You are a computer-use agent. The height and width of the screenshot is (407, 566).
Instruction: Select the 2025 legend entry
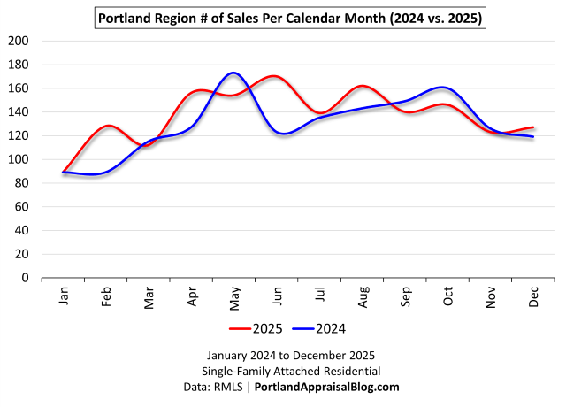(256, 328)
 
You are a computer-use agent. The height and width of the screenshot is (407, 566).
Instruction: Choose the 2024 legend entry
(318, 328)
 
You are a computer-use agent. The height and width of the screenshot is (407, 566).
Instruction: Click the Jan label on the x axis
(65, 297)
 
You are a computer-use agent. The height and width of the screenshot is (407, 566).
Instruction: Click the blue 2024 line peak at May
(233, 73)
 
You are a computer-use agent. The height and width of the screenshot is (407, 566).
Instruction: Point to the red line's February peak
(108, 126)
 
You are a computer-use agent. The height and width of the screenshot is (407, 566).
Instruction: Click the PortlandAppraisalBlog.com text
(327, 387)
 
